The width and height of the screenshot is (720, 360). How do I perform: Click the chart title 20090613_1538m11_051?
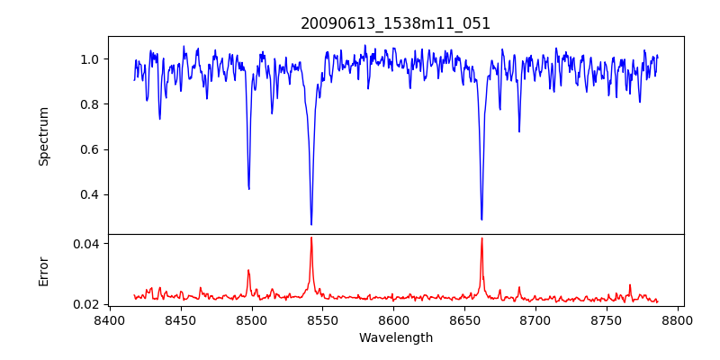click(x=396, y=23)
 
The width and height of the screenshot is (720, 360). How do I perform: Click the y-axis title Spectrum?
click(x=43, y=136)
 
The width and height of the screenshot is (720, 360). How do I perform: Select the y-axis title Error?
click(x=43, y=271)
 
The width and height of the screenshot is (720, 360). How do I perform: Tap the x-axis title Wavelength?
click(x=396, y=338)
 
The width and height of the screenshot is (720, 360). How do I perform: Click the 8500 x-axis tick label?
click(x=252, y=319)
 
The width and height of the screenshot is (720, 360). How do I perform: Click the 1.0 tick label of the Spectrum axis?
click(x=90, y=59)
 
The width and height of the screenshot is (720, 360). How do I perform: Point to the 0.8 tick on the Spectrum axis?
click(x=90, y=104)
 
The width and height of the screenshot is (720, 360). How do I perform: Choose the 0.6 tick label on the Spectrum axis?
click(x=90, y=149)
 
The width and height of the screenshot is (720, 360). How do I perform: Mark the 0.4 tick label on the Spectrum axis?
click(x=90, y=194)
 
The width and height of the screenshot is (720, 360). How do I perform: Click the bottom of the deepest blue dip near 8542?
click(x=311, y=224)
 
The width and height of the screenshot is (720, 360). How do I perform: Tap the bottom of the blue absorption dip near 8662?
click(x=481, y=219)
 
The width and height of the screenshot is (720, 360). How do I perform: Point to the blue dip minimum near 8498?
click(x=249, y=188)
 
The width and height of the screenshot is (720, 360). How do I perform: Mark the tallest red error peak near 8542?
click(x=311, y=238)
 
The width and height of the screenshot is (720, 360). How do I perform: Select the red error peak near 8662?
click(x=481, y=238)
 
